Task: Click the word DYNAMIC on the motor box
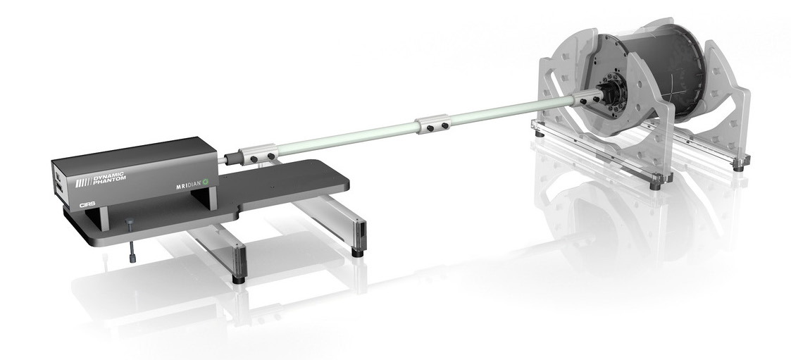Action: click(x=108, y=176)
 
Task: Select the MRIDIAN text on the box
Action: click(x=189, y=185)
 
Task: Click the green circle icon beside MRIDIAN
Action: click(x=206, y=182)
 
